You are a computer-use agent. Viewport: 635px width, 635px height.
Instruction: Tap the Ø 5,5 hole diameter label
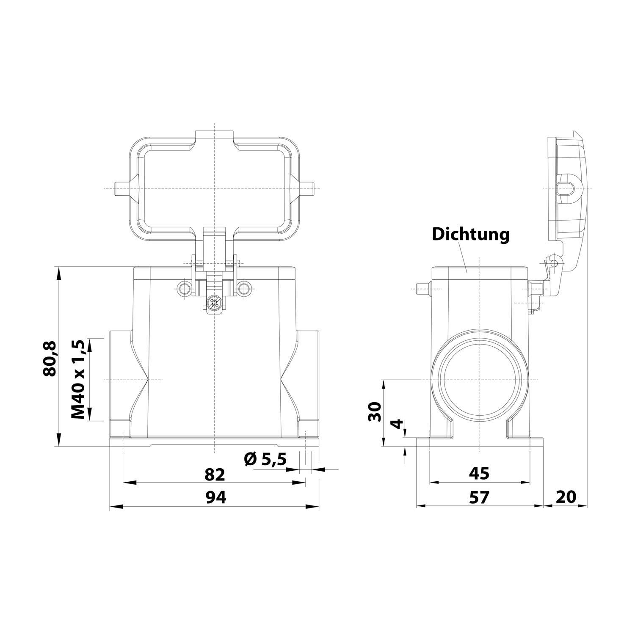coord(265,459)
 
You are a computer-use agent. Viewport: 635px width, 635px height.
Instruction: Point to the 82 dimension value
coord(215,475)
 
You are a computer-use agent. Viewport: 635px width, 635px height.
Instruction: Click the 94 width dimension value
coord(216,497)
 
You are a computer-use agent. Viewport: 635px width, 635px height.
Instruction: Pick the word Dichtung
coord(470,235)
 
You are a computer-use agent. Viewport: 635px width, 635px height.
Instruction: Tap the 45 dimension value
coord(479,474)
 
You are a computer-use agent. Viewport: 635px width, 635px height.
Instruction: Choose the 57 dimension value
coord(479,497)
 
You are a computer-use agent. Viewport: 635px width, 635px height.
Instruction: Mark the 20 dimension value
coord(566,497)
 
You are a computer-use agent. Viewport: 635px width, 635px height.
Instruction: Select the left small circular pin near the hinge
coord(185,289)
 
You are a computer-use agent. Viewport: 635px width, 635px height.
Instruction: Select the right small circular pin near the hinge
coord(243,289)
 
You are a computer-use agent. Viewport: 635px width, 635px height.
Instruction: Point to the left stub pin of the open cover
coord(120,188)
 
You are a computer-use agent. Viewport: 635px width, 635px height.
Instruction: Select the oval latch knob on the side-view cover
coord(566,188)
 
